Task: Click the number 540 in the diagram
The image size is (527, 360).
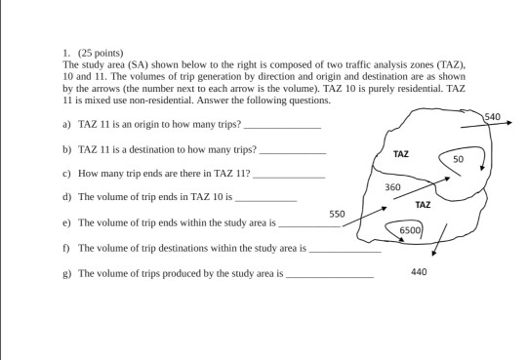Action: click(x=492, y=117)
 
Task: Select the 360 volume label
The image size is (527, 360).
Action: click(x=393, y=185)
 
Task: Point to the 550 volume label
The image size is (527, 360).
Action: click(x=337, y=213)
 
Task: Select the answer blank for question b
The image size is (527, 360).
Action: click(x=292, y=152)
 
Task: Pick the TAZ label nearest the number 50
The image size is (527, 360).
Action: click(x=401, y=154)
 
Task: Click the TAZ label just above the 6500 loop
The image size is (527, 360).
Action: click(x=423, y=205)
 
